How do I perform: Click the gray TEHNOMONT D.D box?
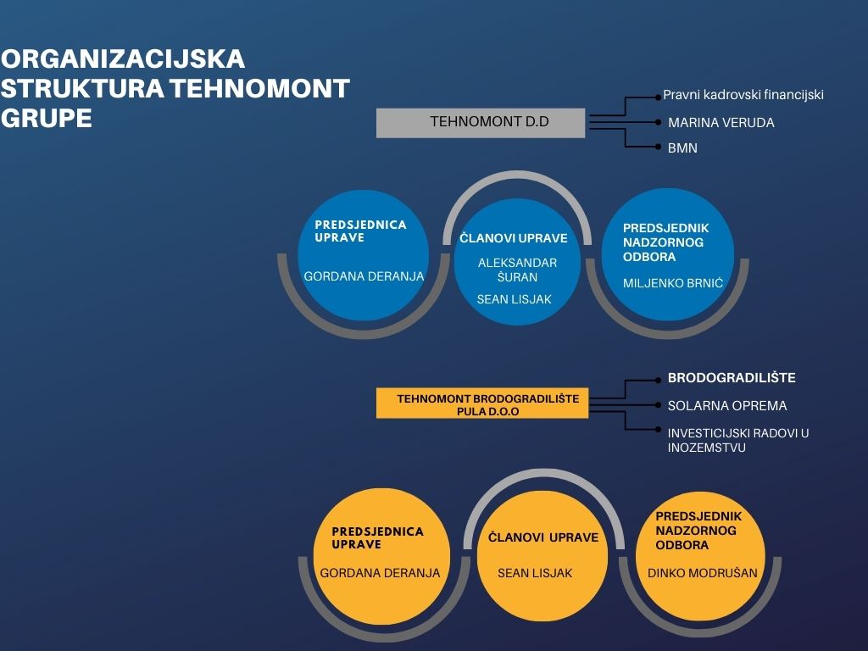coord(481,122)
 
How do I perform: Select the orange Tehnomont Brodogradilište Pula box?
coord(482,403)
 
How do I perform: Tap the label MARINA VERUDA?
coord(721,123)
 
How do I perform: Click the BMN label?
coord(682,148)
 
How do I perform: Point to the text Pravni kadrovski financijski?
coord(743,95)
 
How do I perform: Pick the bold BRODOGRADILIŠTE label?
coord(732,378)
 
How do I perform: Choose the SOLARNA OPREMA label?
coord(726,406)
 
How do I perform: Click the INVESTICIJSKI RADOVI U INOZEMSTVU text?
coord(738,440)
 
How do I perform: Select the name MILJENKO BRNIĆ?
coord(672,283)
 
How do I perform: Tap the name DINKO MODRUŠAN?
coord(702,573)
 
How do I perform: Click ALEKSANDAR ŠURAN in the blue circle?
coord(517,270)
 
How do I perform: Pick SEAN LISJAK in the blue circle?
coord(514,299)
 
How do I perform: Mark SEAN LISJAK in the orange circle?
coord(534,573)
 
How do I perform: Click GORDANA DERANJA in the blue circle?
coord(364,276)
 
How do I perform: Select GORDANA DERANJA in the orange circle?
coord(380,573)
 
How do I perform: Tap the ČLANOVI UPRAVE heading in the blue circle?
coord(513,238)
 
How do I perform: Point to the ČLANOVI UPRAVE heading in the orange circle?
coord(543,537)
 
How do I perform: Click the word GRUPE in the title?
coord(46,118)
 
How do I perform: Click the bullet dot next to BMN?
coord(658,147)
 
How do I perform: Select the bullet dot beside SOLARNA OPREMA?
coord(658,405)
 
